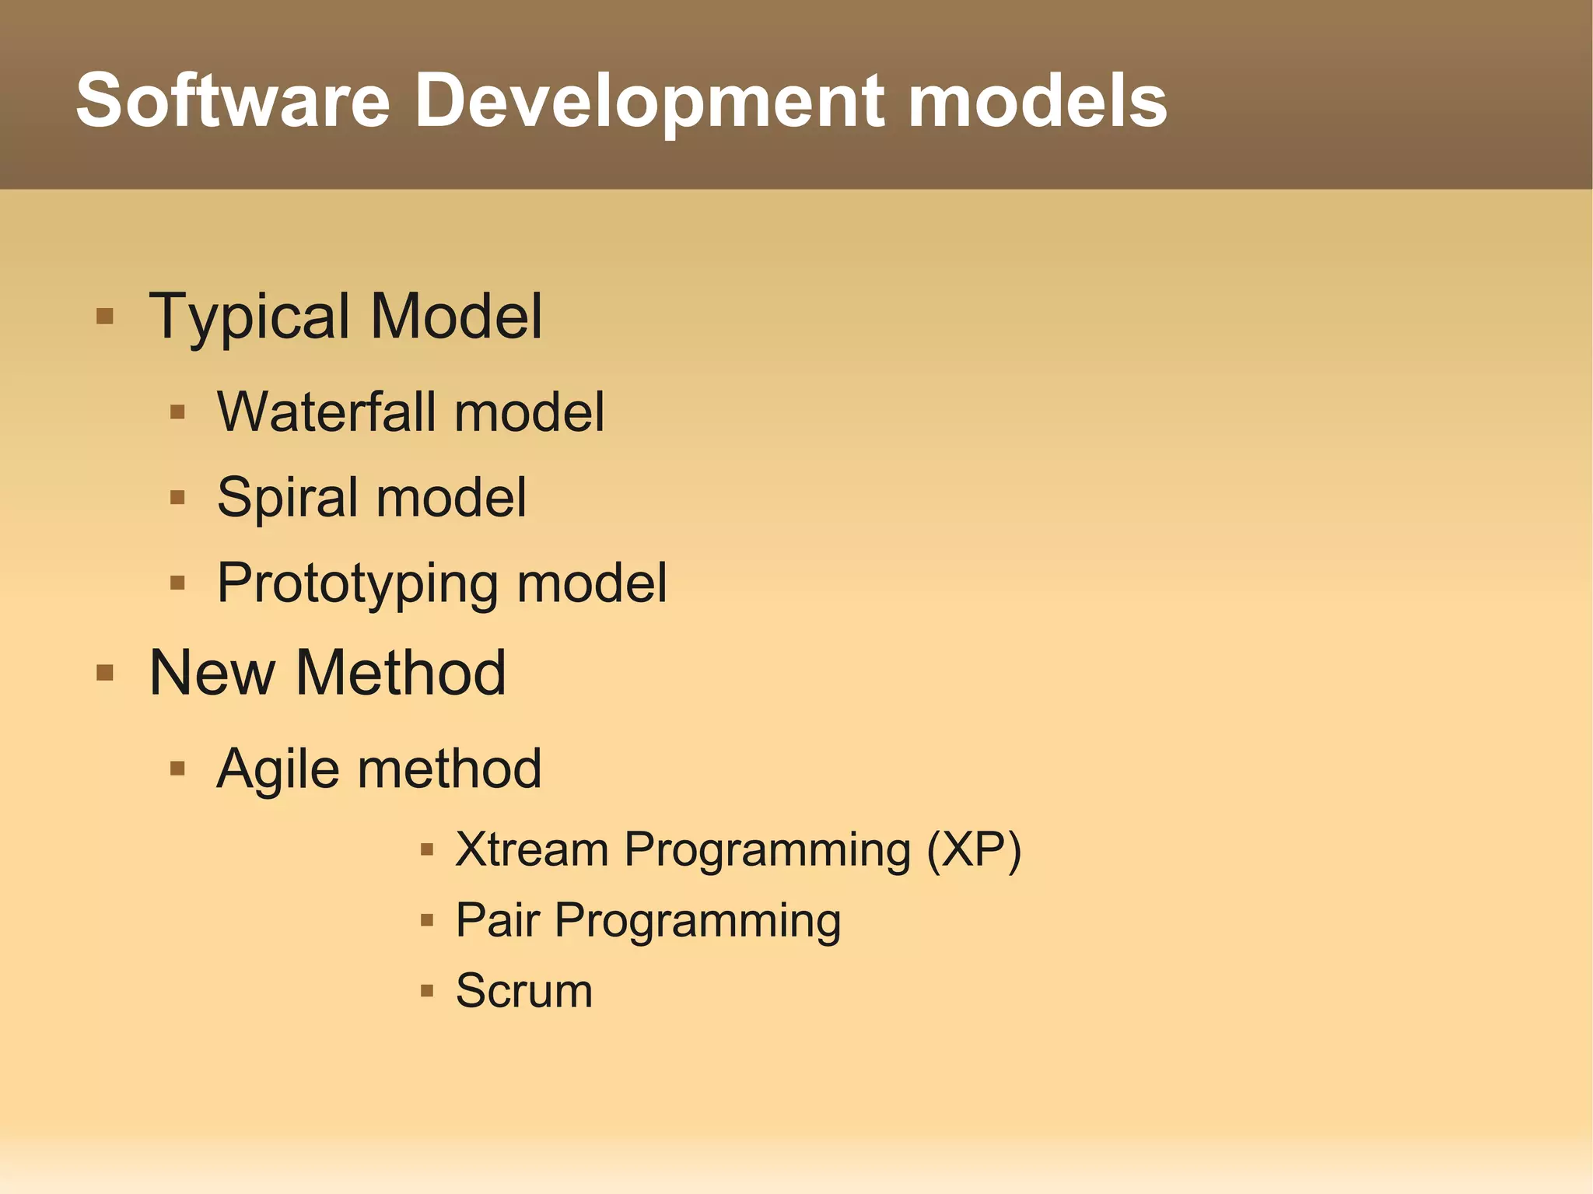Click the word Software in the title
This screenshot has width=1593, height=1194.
[233, 101]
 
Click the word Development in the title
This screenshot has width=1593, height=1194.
[649, 101]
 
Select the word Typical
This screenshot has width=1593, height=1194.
[250, 317]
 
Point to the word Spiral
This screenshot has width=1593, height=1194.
[285, 498]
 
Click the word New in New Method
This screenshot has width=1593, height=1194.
[212, 673]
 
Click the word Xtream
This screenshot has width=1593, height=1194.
[531, 849]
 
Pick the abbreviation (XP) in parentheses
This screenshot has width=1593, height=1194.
[974, 849]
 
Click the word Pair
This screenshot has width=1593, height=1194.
[497, 920]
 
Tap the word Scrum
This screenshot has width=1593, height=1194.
[523, 991]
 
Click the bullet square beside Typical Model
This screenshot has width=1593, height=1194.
[105, 317]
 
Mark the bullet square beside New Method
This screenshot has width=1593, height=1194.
[105, 672]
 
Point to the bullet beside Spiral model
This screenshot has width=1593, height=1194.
[177, 497]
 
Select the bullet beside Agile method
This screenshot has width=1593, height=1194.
[177, 769]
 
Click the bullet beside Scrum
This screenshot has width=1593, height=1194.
[426, 991]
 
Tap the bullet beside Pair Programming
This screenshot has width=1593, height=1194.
[426, 920]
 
